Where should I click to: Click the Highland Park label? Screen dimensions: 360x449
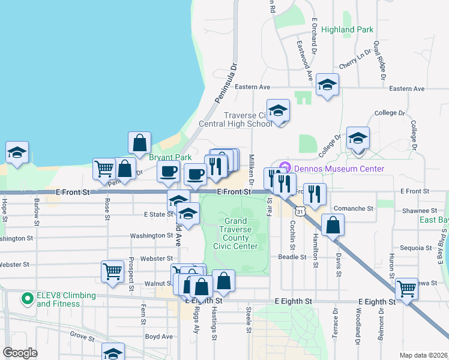(347, 29)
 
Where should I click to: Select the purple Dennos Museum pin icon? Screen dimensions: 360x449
(284, 167)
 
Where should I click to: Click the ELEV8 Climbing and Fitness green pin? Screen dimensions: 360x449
(26, 298)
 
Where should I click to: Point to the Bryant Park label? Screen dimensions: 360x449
(166, 157)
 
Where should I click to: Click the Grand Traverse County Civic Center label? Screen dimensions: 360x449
(236, 234)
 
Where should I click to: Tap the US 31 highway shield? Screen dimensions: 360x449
(300, 211)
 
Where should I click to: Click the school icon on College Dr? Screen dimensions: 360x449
(358, 139)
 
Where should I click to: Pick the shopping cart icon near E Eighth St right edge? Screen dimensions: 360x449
(407, 289)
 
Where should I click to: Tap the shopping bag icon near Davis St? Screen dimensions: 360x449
(333, 225)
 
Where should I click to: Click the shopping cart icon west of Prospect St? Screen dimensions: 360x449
(112, 272)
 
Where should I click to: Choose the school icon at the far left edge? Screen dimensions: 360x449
(17, 153)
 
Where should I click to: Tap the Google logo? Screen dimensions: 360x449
(20, 353)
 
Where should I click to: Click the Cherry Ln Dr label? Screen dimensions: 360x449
(355, 61)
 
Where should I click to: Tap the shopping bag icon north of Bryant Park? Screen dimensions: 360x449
(139, 143)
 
